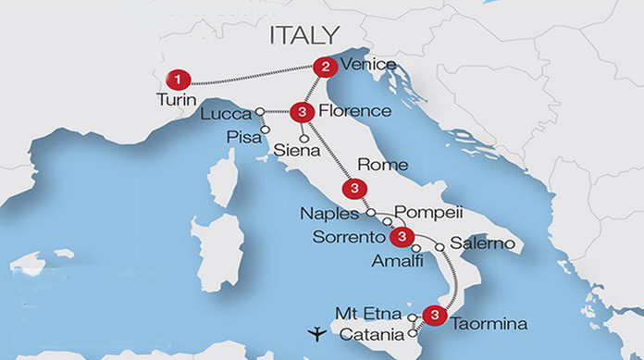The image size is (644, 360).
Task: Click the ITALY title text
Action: pyautogui.click(x=303, y=36)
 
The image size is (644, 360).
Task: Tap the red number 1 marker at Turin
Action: pyautogui.click(x=176, y=80)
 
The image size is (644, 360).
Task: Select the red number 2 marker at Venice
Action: pyautogui.click(x=323, y=67)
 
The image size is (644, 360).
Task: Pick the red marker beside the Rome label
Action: pyautogui.click(x=352, y=190)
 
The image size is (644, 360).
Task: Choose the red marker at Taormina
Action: pyautogui.click(x=431, y=314)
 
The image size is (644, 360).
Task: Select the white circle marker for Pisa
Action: pyautogui.click(x=266, y=130)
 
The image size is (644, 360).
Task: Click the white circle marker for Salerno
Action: pyautogui.click(x=440, y=246)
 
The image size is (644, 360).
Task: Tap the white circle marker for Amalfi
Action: pyautogui.click(x=416, y=249)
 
